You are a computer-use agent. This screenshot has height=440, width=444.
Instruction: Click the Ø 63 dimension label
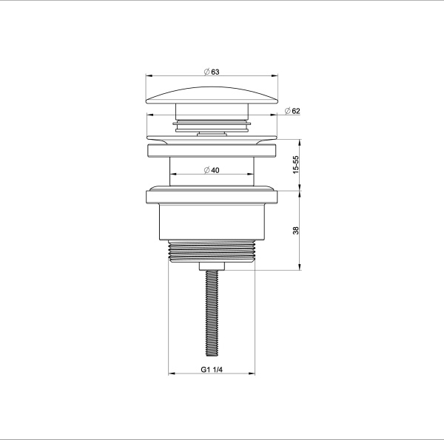pyautogui.click(x=212, y=72)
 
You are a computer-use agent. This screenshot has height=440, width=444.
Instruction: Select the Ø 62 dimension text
pyautogui.click(x=292, y=111)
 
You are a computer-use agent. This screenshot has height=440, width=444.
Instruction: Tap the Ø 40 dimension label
pyautogui.click(x=212, y=170)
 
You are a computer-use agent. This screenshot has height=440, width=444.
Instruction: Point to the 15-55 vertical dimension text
pyautogui.click(x=295, y=165)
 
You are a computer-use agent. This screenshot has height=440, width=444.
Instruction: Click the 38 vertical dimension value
pyautogui.click(x=295, y=230)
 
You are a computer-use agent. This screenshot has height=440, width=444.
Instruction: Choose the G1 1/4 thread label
pyautogui.click(x=212, y=370)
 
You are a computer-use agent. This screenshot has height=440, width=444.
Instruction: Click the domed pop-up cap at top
pyautogui.click(x=212, y=95)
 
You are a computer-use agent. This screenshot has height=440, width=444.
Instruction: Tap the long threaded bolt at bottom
pyautogui.click(x=212, y=313)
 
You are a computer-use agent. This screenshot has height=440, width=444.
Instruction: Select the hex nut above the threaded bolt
pyautogui.click(x=212, y=266)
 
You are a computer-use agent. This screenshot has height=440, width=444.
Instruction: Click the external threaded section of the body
pyautogui.click(x=212, y=251)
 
